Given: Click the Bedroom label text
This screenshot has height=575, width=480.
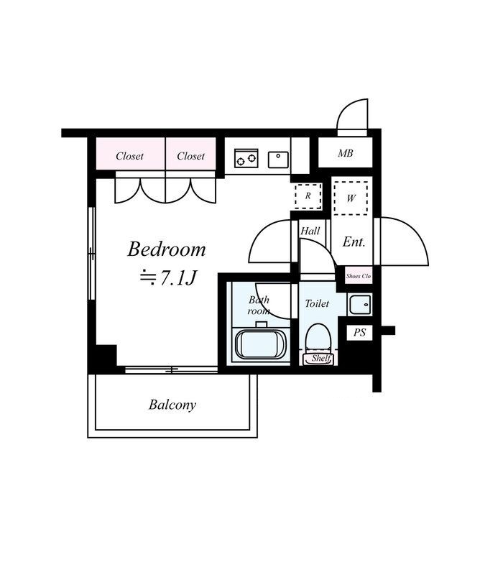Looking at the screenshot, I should [x=167, y=249].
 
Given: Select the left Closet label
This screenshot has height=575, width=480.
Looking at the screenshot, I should [x=130, y=156].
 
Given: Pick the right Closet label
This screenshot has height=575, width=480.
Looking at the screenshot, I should [x=190, y=156].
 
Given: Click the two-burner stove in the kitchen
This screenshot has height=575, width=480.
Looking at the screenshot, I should [x=246, y=158].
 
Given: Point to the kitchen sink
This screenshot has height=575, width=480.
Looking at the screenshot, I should [x=278, y=159].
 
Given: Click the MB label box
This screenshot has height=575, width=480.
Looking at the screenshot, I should [x=346, y=154].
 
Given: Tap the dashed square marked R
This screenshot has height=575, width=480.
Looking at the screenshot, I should [x=307, y=195].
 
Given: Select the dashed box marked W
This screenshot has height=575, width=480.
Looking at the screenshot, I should [x=351, y=198].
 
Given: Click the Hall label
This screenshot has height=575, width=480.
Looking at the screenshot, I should [x=310, y=231].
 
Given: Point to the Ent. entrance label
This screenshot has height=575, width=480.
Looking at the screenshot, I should [x=354, y=242].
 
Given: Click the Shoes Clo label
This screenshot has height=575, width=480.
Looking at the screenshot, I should [x=359, y=276].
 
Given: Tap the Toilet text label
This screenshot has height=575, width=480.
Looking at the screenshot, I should [x=317, y=303].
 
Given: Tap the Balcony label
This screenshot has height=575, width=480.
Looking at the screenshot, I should [x=172, y=405].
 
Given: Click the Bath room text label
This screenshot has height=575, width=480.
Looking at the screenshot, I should [x=259, y=305].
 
